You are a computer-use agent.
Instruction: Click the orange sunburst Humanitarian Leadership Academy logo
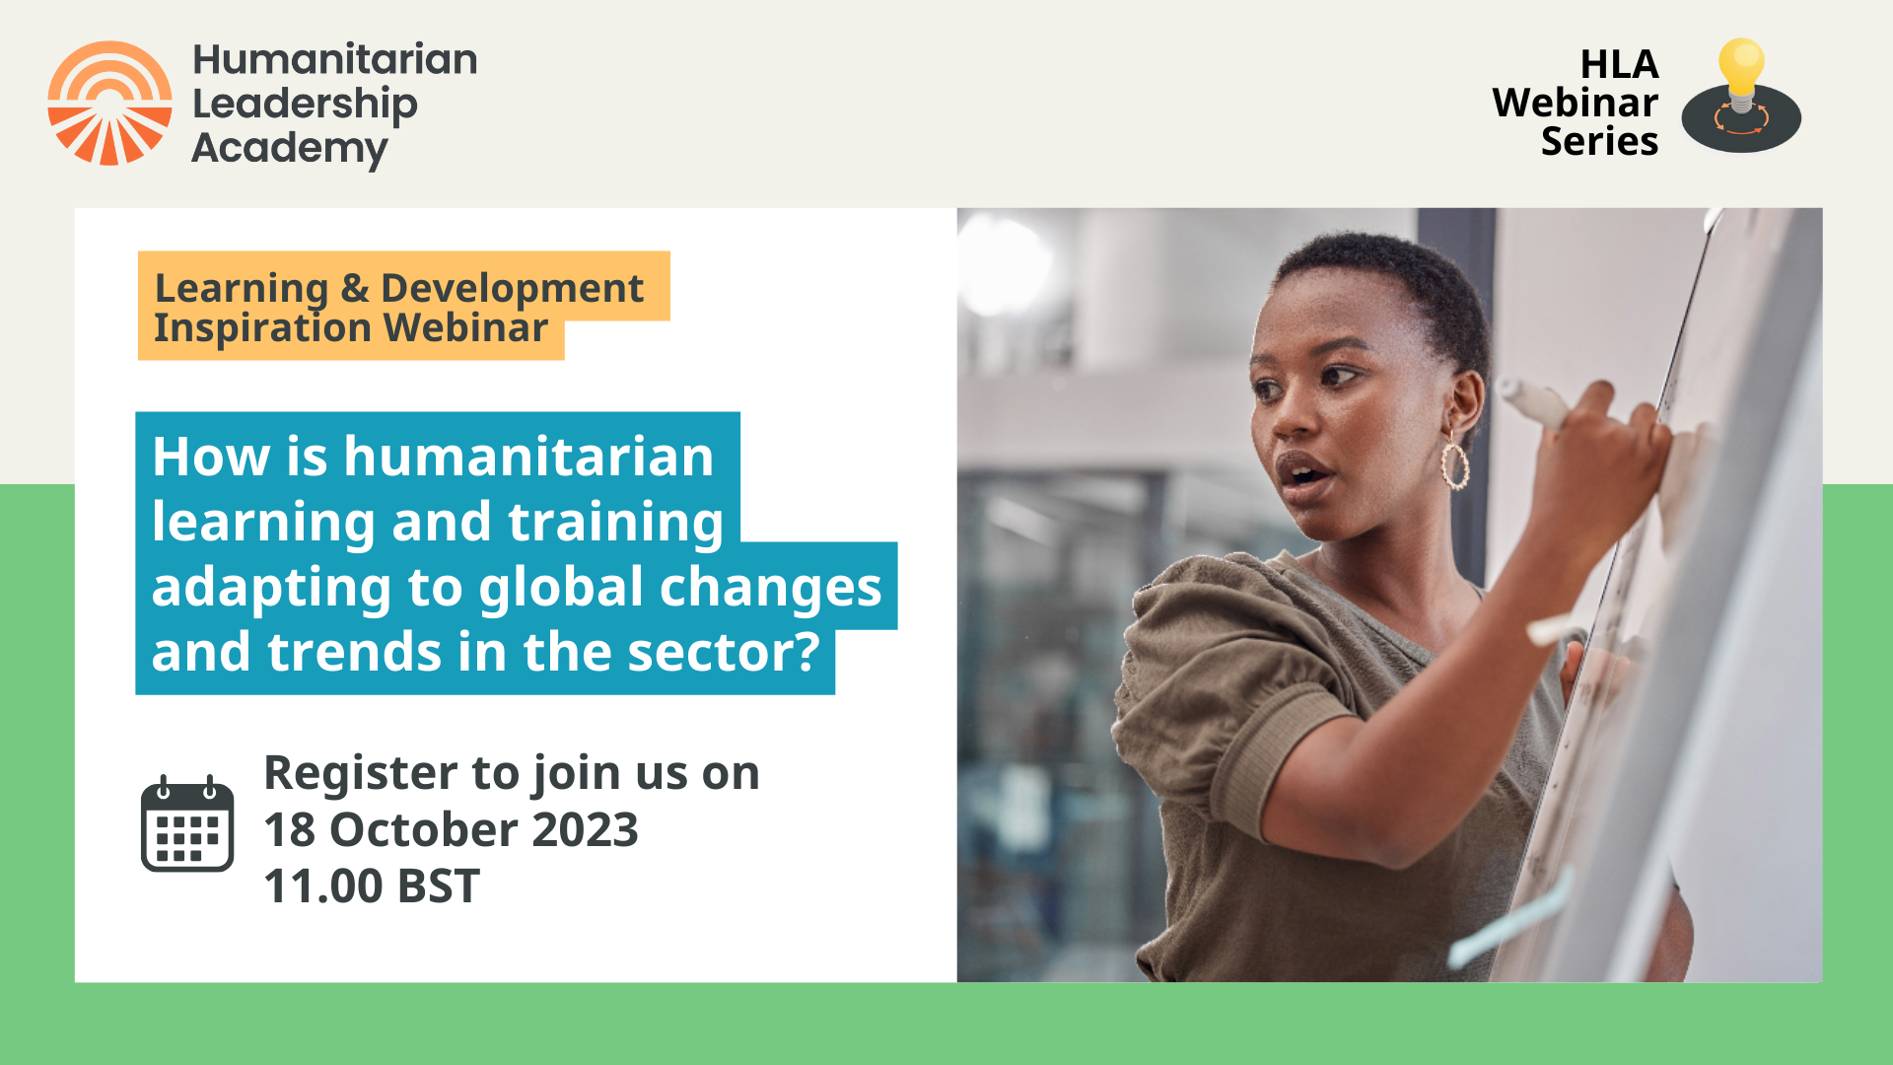point(109,103)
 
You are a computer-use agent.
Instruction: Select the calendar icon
point(187,824)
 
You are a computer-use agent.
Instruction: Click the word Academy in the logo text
point(290,149)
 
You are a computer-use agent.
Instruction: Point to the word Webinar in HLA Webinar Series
point(1575,104)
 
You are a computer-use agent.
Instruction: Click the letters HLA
point(1619,65)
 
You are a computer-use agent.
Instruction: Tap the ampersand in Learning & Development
point(355,288)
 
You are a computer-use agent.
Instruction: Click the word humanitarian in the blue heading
point(528,458)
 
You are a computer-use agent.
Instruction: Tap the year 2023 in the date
point(585,830)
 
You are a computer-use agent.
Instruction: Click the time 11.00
point(323,887)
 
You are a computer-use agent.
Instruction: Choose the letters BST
point(439,887)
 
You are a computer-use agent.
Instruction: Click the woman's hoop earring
point(1455,465)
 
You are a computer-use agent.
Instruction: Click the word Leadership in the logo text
point(305,105)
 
